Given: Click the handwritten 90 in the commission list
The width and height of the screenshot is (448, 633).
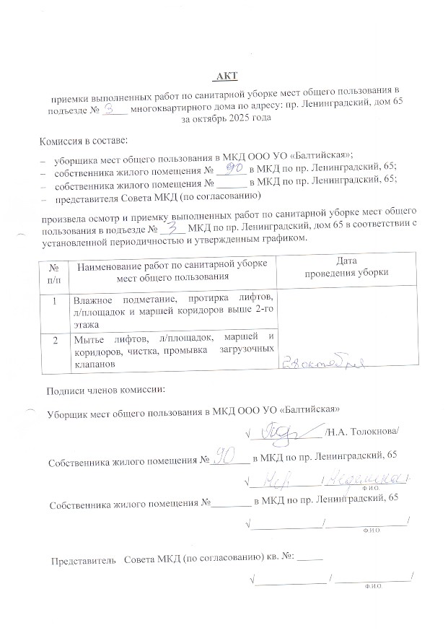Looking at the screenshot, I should tap(231, 168).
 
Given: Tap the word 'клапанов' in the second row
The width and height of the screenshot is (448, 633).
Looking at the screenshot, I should tap(94, 364).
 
